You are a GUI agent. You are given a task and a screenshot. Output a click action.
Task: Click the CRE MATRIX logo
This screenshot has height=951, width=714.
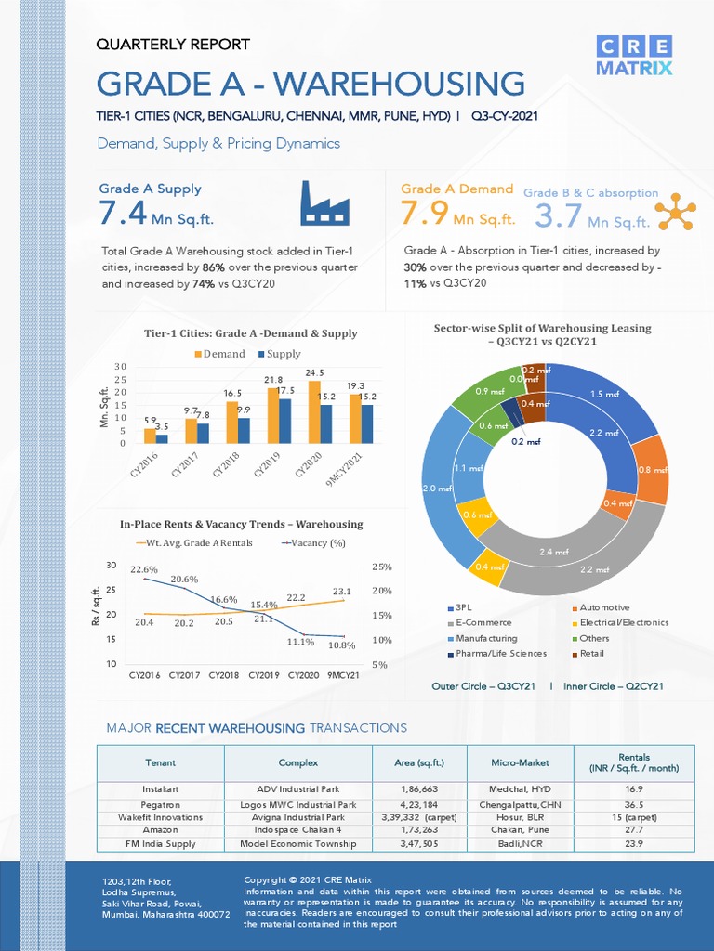click(x=636, y=56)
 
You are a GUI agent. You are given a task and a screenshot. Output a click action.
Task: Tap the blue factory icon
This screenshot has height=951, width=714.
click(x=324, y=203)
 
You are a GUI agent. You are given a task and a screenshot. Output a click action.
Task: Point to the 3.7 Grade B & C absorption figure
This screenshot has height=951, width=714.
click(x=559, y=216)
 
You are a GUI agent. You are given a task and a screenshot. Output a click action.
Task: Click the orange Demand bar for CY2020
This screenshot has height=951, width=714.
click(x=314, y=411)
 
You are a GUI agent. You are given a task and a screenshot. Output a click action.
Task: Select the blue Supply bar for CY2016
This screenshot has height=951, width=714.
click(x=162, y=438)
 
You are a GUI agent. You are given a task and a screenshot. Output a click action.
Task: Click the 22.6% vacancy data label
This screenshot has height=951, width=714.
click(x=144, y=569)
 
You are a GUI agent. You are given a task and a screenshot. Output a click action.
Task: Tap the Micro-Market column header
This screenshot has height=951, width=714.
click(x=520, y=762)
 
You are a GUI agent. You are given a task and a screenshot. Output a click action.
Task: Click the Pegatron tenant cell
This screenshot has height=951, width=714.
click(x=160, y=804)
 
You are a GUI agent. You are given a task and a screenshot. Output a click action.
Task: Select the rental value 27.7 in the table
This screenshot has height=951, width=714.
click(x=634, y=830)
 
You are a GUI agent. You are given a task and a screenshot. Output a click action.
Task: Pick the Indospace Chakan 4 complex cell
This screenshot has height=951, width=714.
click(x=297, y=830)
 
